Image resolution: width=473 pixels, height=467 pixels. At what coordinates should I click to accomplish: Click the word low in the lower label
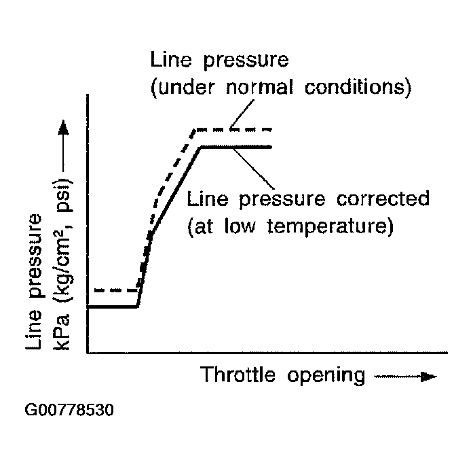point(242,226)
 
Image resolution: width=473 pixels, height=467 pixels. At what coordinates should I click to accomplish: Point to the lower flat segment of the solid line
point(113,307)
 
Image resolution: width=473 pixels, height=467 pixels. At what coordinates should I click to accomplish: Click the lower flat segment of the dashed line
point(115,290)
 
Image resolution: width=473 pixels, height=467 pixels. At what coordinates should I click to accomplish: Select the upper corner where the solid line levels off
point(200,146)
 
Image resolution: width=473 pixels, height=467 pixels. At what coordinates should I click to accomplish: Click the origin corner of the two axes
point(88,353)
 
